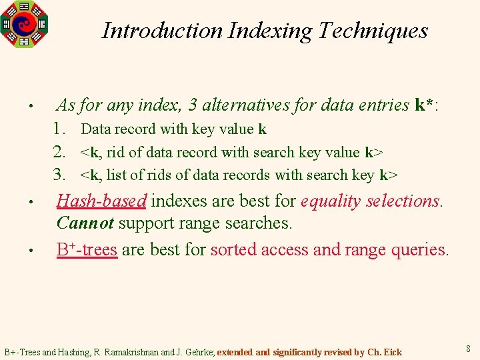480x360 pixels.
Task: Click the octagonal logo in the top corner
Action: pyautogui.click(x=24, y=24)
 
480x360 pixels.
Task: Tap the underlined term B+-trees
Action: pyautogui.click(x=87, y=250)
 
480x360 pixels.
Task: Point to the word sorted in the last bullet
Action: pyautogui.click(x=231, y=250)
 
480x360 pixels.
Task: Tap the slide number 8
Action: pyautogui.click(x=468, y=349)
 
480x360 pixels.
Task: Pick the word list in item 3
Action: pyautogui.click(x=115, y=175)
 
